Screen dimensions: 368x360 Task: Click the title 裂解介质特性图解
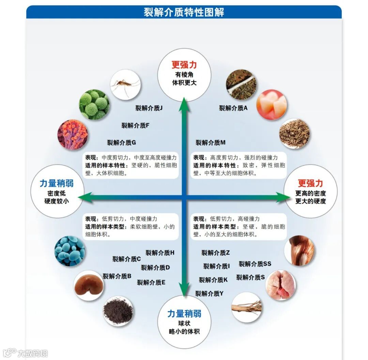pyautogui.click(x=184, y=12)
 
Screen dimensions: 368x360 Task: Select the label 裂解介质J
pyautogui.click(x=149, y=108)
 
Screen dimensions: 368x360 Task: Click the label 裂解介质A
pyautogui.click(x=233, y=108)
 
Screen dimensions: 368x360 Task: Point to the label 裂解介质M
pyautogui.click(x=211, y=142)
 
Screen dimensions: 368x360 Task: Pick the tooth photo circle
pyautogui.click(x=271, y=104)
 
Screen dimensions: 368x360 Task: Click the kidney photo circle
pyautogui.click(x=89, y=285)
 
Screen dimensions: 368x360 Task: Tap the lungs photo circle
pyautogui.click(x=280, y=285)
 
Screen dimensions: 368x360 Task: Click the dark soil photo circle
pyautogui.click(x=118, y=311)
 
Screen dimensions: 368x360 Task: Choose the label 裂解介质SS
pyautogui.click(x=255, y=264)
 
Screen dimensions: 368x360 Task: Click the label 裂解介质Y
pyautogui.click(x=209, y=293)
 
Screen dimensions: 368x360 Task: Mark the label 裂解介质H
pyautogui.click(x=160, y=253)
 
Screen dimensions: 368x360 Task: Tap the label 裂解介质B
pyautogui.click(x=117, y=276)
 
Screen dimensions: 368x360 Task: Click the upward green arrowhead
pyautogui.click(x=184, y=101)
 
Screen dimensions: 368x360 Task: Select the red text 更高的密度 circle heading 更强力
pyautogui.click(x=310, y=183)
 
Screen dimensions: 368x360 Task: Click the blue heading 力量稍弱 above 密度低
pyautogui.click(x=57, y=183)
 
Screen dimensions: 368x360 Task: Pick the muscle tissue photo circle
pyautogui.click(x=299, y=251)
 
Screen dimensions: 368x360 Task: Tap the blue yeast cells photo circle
pyautogui.click(x=70, y=251)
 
